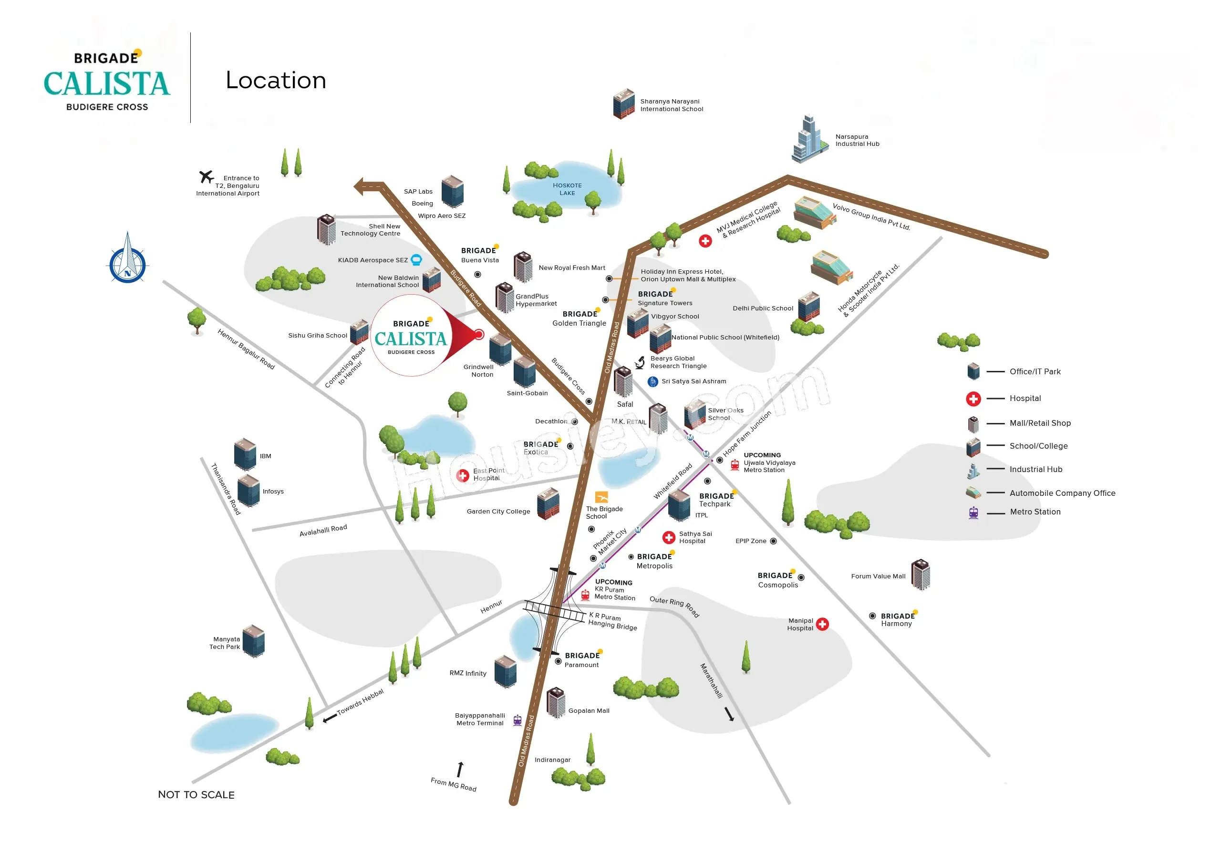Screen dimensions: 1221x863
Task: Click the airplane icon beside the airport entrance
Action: pyautogui.click(x=207, y=176)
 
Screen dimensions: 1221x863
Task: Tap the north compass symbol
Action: pyautogui.click(x=128, y=257)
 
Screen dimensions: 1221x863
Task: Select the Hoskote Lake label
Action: pyautogui.click(x=567, y=189)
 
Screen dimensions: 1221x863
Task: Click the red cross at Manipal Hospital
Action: pyautogui.click(x=822, y=624)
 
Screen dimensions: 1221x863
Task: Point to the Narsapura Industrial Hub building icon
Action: pyautogui.click(x=809, y=139)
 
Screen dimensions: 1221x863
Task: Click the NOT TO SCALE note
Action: pyautogui.click(x=196, y=794)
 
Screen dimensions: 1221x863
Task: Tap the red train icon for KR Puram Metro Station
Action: pyautogui.click(x=585, y=595)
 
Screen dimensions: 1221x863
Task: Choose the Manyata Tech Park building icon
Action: pyautogui.click(x=254, y=641)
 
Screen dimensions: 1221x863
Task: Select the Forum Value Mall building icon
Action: pyautogui.click(x=921, y=575)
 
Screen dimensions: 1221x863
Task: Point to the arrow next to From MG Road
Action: pyautogui.click(x=460, y=770)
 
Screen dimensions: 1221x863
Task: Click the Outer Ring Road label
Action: pyautogui.click(x=674, y=606)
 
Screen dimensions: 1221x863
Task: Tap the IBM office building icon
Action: pyautogui.click(x=245, y=455)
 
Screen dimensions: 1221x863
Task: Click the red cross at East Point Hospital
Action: pyautogui.click(x=463, y=475)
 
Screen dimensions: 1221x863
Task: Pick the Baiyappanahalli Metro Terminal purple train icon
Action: pyautogui.click(x=517, y=720)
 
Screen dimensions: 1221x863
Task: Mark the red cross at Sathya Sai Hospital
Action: pyautogui.click(x=669, y=537)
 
